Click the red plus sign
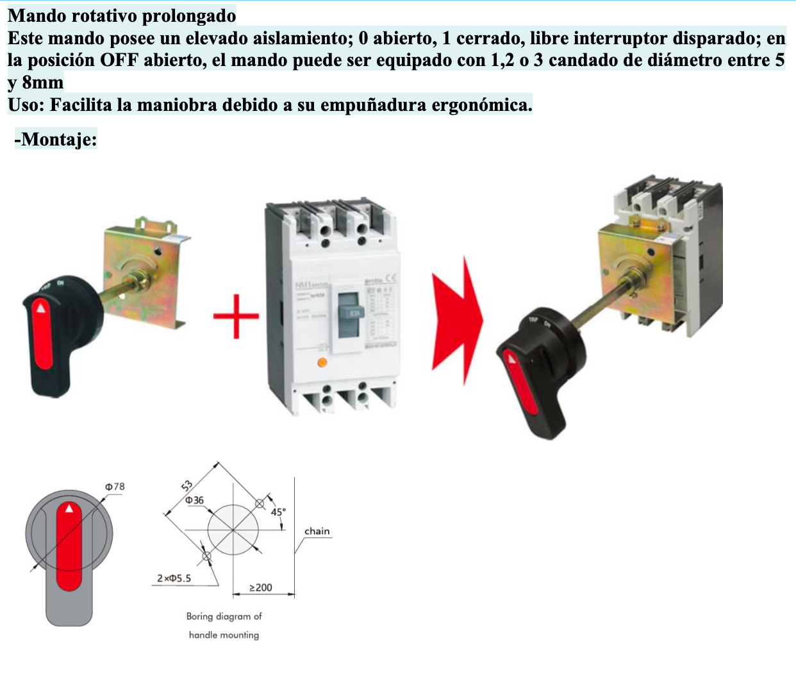[236, 315]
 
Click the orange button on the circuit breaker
[322, 363]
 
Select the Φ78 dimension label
[115, 487]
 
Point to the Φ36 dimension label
[194, 500]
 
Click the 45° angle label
[278, 512]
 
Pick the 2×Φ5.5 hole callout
[174, 578]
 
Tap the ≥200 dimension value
[260, 587]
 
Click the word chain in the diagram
[317, 531]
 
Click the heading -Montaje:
[56, 138]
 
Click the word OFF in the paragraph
[119, 60]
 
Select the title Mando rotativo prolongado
[122, 15]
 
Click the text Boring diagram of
[224, 616]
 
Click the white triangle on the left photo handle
[42, 308]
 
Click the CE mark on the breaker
[390, 278]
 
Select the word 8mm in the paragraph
[42, 83]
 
